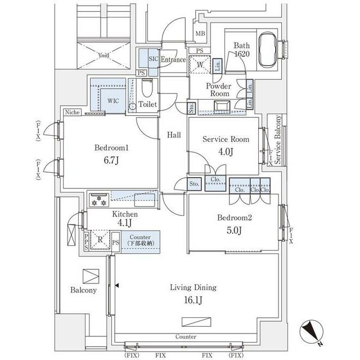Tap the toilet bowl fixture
coord(147,88)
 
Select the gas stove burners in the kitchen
coord(99,200)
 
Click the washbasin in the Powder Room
coord(222,107)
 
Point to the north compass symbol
coord(312,332)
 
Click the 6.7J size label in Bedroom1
coord(111,160)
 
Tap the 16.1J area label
coord(193,300)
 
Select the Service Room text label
coord(226,139)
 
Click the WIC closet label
coord(113,101)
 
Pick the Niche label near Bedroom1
coord(73,112)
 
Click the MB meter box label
coord(200,34)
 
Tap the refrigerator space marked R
coord(100,240)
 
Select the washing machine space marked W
coord(200,65)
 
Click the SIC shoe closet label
coord(154,58)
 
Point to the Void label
coord(103,55)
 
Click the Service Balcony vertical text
coord(277,140)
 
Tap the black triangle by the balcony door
coord(117,286)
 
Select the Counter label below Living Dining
coord(186,336)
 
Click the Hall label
coord(174,135)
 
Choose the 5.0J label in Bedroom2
coord(234,230)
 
